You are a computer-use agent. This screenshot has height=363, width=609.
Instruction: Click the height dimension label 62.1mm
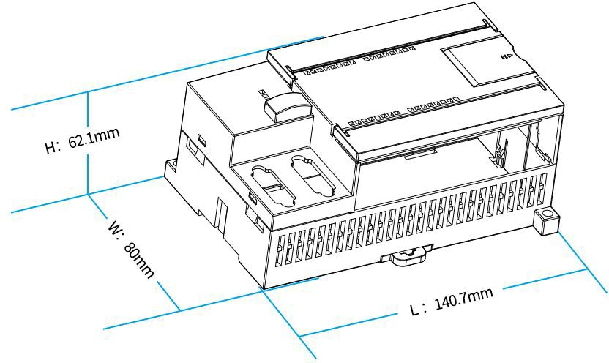click(x=94, y=138)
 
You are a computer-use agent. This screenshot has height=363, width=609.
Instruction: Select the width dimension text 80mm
click(x=138, y=260)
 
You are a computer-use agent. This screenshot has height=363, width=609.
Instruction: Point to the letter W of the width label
click(x=116, y=227)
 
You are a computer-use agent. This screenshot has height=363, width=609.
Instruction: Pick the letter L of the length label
click(x=415, y=310)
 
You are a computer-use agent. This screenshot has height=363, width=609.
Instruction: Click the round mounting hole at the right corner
click(x=546, y=214)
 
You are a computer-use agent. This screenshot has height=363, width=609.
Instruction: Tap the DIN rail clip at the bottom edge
click(x=407, y=255)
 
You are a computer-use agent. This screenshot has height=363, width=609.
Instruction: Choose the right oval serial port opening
click(x=313, y=176)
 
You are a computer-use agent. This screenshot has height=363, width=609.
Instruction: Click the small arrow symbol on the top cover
click(x=507, y=56)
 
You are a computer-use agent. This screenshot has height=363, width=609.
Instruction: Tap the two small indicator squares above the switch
click(x=264, y=94)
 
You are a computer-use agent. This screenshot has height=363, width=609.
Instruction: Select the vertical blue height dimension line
click(x=88, y=143)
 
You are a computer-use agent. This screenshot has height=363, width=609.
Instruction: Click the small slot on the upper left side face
click(x=201, y=139)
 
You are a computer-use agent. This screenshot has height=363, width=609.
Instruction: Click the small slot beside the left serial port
click(x=252, y=198)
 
